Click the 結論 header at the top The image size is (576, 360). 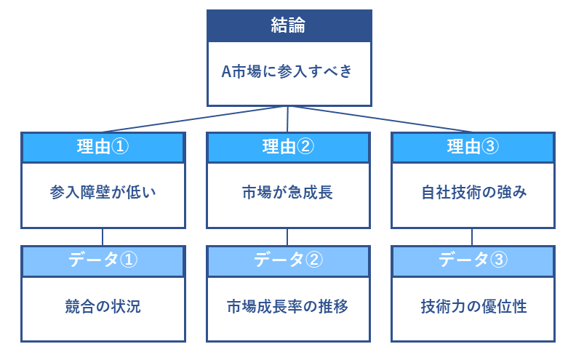289,25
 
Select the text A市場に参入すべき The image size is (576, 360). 287,71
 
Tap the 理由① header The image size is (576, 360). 103,148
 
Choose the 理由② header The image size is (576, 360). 289,148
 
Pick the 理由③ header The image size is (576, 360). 473,148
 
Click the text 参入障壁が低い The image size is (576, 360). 103,192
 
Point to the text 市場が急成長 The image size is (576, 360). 287,192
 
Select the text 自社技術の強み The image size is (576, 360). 474,192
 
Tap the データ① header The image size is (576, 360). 103,261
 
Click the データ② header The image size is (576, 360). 289,261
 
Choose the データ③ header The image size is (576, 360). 473,261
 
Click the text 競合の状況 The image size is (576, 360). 103,306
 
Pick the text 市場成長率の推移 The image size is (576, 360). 287,306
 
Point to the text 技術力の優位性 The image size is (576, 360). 474,306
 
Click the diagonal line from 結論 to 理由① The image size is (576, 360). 195,119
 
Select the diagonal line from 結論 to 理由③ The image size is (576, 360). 380,119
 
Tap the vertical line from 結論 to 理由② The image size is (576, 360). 287,119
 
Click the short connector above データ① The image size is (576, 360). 103,237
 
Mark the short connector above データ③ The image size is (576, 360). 472,237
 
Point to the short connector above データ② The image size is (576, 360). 287,237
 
